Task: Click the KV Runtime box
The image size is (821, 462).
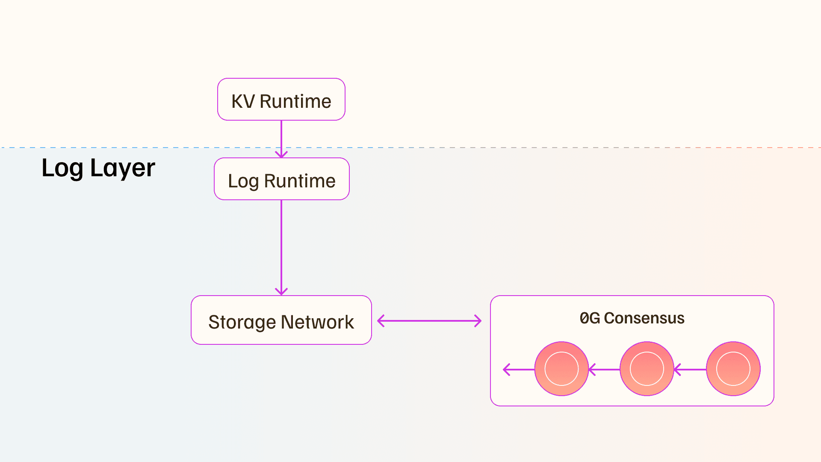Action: (x=281, y=99)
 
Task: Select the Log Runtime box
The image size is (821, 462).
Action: (x=282, y=179)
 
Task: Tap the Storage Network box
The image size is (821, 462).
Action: (x=281, y=320)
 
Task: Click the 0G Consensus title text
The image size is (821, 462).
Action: (x=632, y=318)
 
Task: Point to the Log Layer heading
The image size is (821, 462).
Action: (x=98, y=168)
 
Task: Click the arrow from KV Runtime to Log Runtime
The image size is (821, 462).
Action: (x=281, y=139)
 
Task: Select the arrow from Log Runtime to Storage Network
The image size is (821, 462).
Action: (x=281, y=248)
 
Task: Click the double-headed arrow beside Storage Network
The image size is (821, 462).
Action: (x=429, y=321)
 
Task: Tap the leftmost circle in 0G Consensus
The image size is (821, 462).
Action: (x=561, y=369)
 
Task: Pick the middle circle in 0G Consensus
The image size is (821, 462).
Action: (x=647, y=369)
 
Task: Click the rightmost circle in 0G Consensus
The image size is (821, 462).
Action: (x=733, y=369)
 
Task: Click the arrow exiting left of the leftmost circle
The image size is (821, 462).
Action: (x=519, y=369)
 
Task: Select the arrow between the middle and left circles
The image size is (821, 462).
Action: (x=604, y=369)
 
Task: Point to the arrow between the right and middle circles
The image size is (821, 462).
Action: (x=690, y=369)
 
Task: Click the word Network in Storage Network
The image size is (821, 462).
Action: (x=317, y=322)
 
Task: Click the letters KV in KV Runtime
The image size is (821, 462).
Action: (x=243, y=102)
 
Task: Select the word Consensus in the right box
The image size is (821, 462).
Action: (x=644, y=318)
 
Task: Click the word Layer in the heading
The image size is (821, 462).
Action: (x=123, y=168)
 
